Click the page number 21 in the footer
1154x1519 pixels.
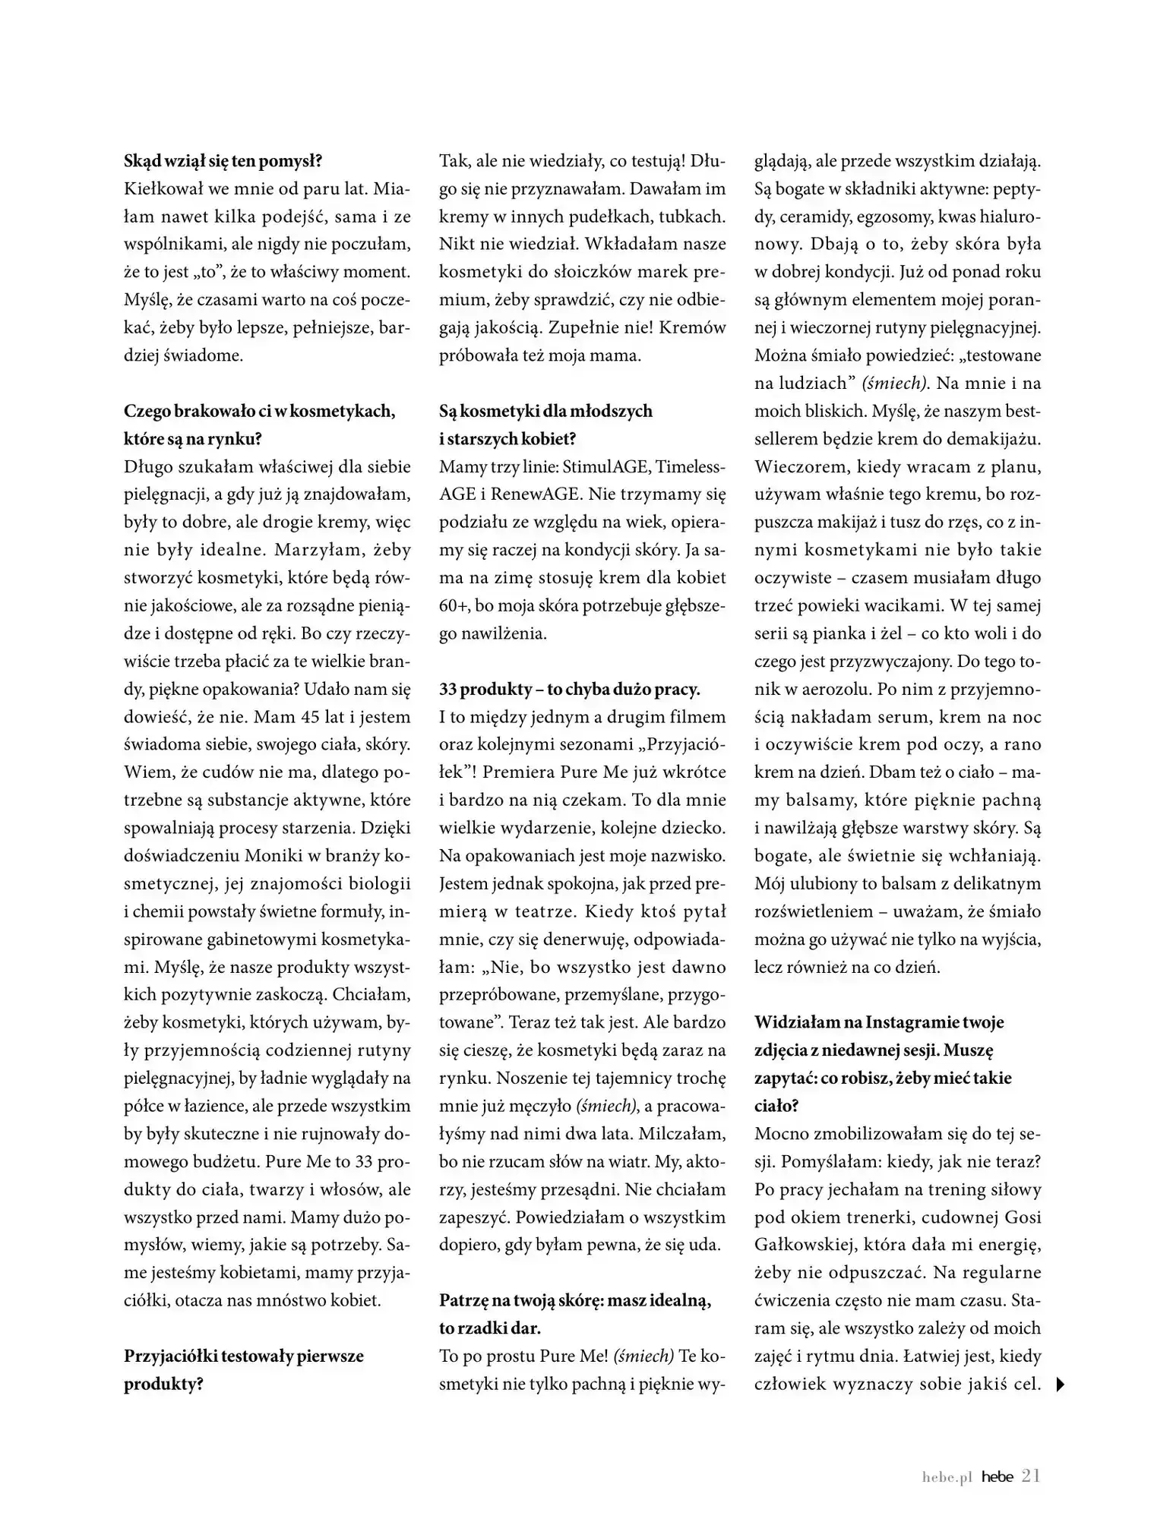(x=1031, y=1476)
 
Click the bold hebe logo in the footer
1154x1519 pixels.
(x=997, y=1477)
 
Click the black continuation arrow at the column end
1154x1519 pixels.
(x=1061, y=1385)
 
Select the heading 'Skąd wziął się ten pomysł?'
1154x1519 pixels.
(x=223, y=161)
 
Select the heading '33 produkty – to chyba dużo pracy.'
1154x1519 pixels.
(x=569, y=689)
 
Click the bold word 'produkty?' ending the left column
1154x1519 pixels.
(x=163, y=1384)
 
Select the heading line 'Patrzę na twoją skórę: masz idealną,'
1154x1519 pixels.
(x=575, y=1300)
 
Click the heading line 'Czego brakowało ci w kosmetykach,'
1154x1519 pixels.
(x=259, y=411)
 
